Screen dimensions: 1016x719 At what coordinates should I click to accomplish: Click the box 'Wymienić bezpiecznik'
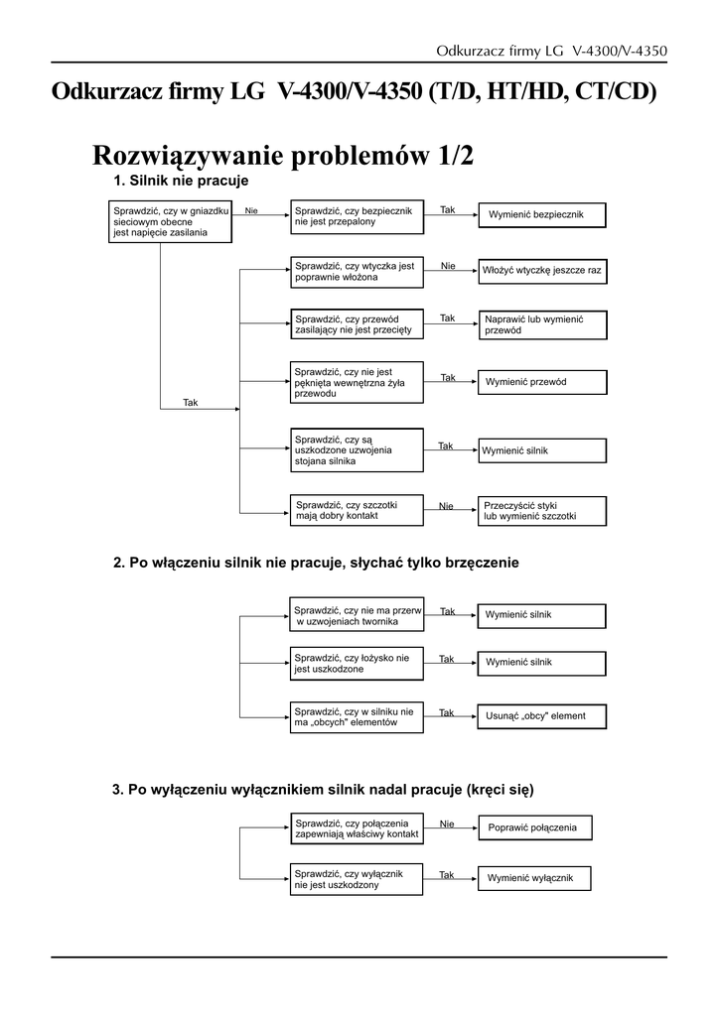pos(541,214)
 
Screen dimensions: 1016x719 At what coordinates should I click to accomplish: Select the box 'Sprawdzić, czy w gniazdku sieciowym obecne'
pos(170,221)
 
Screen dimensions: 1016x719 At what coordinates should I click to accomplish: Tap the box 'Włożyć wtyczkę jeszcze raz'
pos(541,269)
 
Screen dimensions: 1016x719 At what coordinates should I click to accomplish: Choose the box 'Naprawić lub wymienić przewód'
pos(541,324)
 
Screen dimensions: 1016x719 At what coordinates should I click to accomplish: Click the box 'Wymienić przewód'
pos(541,382)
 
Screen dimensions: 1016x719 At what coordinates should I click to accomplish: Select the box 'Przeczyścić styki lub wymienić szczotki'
pos(541,510)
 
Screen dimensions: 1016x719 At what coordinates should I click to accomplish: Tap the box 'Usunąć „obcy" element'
pos(541,715)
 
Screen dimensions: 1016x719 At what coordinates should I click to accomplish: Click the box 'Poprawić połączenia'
pos(534,827)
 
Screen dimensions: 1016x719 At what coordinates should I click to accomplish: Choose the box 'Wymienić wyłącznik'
pos(534,878)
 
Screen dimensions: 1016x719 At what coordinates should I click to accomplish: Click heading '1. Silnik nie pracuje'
pos(181,182)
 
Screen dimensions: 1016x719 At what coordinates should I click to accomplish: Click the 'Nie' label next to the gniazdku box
pos(251,210)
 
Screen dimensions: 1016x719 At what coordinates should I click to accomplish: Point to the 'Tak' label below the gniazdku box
pos(191,402)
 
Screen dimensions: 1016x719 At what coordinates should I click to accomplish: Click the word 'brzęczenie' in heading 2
pos(474,563)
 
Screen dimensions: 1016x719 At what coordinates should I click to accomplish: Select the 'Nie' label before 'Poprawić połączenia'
pos(447,824)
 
